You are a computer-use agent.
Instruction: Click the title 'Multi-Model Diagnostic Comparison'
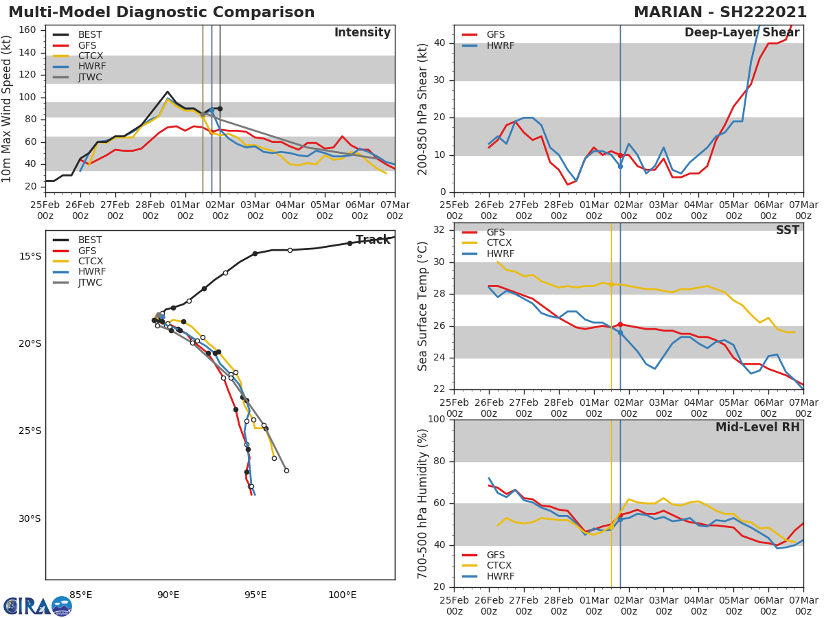click(161, 12)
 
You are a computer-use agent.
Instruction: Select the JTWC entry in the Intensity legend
click(90, 78)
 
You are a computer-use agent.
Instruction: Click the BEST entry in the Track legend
click(90, 240)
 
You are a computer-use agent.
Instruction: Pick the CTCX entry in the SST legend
click(499, 243)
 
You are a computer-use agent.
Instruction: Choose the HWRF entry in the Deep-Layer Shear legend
click(499, 46)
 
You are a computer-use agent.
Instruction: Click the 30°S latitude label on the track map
click(30, 518)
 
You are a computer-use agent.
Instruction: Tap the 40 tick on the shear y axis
click(440, 43)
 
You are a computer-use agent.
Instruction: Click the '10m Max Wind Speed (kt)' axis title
click(8, 108)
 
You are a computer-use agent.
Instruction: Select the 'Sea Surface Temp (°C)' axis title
click(423, 306)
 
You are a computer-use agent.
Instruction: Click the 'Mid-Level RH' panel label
click(757, 428)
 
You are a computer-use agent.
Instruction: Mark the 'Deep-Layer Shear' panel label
click(742, 33)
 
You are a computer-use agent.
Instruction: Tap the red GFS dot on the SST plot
click(620, 324)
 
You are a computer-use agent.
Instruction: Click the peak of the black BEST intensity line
click(167, 91)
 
